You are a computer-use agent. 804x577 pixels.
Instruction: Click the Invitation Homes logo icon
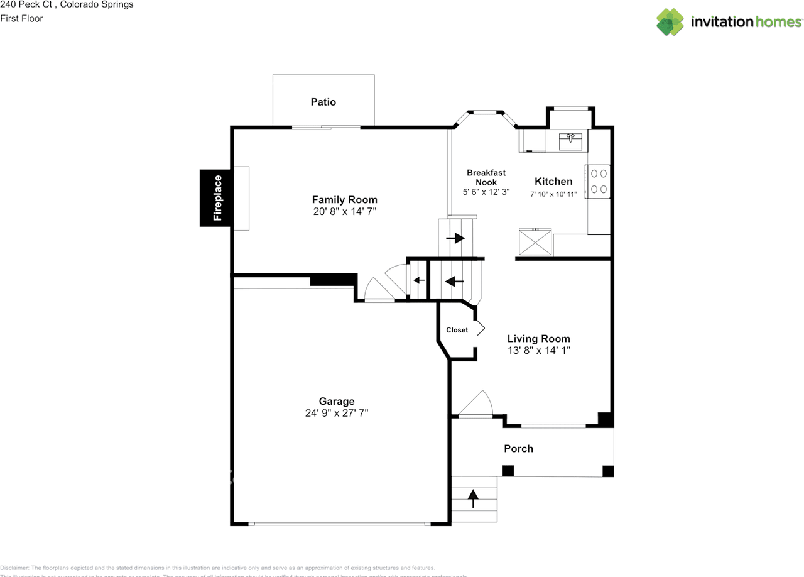(670, 22)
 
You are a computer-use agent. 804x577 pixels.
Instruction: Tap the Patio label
(323, 102)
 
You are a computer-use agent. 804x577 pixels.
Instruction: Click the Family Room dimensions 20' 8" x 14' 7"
(345, 212)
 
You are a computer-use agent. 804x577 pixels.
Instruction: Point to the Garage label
(337, 401)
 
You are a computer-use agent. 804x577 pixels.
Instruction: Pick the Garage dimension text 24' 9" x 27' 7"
(337, 413)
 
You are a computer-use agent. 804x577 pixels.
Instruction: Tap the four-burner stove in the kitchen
(599, 180)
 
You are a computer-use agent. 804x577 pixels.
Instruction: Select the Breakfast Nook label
(486, 177)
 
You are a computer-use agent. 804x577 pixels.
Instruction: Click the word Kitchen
(553, 182)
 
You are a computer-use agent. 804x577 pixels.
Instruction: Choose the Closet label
(457, 330)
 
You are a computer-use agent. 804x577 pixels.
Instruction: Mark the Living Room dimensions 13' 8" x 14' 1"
(539, 351)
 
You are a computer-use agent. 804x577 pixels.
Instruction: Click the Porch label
(518, 448)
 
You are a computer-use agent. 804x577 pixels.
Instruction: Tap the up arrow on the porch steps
(473, 499)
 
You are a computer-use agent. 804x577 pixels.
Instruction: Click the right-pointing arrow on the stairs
(455, 238)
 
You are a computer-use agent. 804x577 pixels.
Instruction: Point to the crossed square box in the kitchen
(535, 242)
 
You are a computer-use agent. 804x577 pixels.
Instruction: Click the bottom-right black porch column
(607, 471)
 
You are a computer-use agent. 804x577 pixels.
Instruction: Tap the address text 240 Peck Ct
(26, 4)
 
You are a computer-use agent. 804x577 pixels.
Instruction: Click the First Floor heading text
(21, 18)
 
